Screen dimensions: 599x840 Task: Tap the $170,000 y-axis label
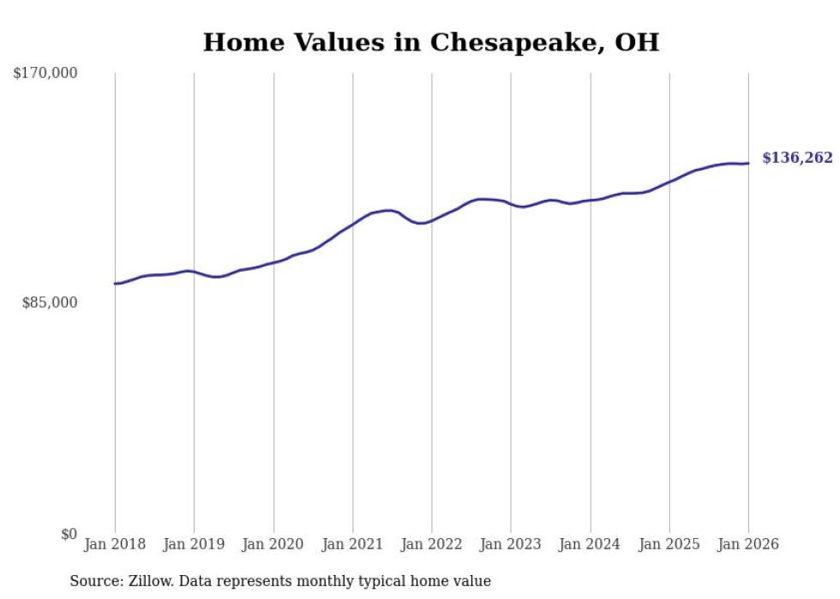pyautogui.click(x=45, y=74)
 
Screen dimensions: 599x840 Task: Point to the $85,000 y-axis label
pyautogui.click(x=50, y=302)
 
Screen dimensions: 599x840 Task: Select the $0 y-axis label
pyautogui.click(x=69, y=535)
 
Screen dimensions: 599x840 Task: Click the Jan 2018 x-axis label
pyautogui.click(x=115, y=545)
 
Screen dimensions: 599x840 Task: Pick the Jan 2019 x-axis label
pyautogui.click(x=194, y=545)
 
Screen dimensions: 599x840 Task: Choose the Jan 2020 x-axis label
pyautogui.click(x=273, y=545)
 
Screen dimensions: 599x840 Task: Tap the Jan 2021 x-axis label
pyautogui.click(x=352, y=545)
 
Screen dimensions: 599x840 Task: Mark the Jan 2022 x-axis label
pyautogui.click(x=432, y=545)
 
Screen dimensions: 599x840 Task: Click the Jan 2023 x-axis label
pyautogui.click(x=511, y=545)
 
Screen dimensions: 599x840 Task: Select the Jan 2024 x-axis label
pyautogui.click(x=590, y=545)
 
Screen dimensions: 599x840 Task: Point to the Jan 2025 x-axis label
pyautogui.click(x=669, y=545)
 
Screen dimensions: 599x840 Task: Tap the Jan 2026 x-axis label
pyautogui.click(x=748, y=545)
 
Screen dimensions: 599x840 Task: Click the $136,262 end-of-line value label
pyautogui.click(x=797, y=158)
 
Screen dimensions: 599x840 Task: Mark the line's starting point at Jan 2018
pyautogui.click(x=115, y=284)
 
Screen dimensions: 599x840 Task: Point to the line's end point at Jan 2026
pyautogui.click(x=748, y=163)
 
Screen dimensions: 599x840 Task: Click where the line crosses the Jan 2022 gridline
pyautogui.click(x=432, y=220)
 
